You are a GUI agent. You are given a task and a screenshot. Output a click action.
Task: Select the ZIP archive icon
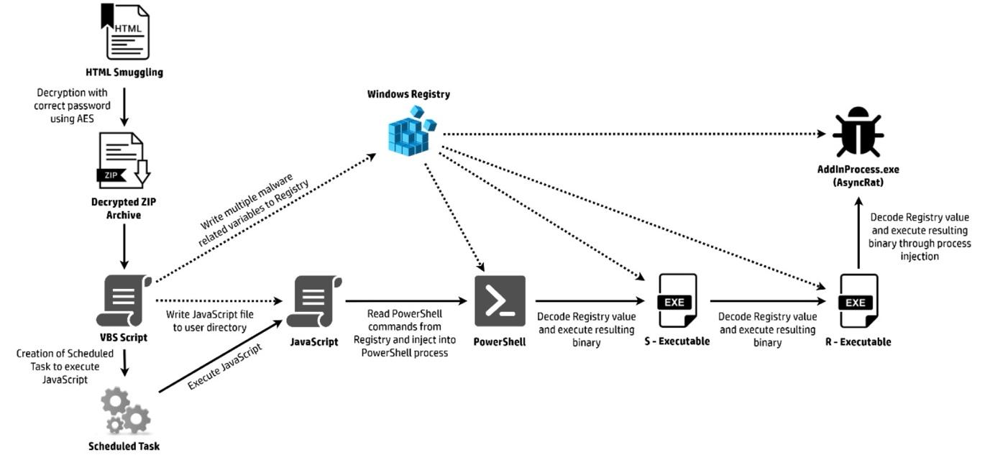pyautogui.click(x=124, y=162)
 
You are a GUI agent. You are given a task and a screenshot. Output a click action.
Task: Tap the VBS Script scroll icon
pyautogui.click(x=124, y=300)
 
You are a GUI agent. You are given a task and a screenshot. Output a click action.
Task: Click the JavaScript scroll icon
pyautogui.click(x=314, y=300)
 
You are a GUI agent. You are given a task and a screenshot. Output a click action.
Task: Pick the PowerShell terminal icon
pyautogui.click(x=500, y=300)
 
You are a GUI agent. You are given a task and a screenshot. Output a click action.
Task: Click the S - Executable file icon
pyautogui.click(x=677, y=301)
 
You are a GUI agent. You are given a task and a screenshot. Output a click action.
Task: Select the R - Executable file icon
pyautogui.click(x=858, y=301)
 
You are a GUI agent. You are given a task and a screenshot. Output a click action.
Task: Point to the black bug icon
pyautogui.click(x=858, y=134)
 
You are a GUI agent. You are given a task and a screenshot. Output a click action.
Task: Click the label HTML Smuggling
pyautogui.click(x=124, y=72)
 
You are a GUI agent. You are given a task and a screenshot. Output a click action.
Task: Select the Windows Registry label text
pyautogui.click(x=408, y=94)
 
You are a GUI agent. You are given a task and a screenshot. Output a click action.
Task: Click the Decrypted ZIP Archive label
pyautogui.click(x=124, y=208)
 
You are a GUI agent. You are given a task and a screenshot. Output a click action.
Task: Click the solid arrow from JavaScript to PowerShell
pyautogui.click(x=406, y=301)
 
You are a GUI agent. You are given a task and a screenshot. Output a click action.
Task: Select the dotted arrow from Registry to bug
pyautogui.click(x=633, y=134)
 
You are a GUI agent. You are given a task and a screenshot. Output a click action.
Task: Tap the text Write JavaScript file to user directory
pyautogui.click(x=206, y=321)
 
